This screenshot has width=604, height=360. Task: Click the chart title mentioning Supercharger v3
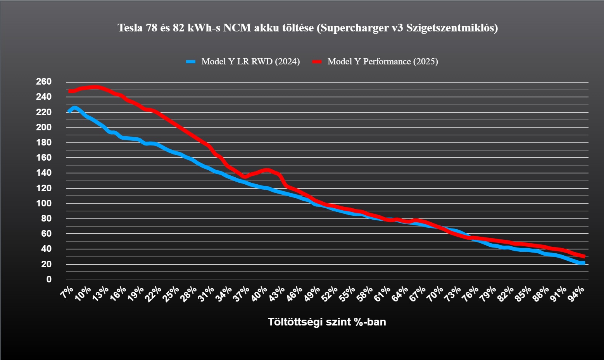tap(307, 28)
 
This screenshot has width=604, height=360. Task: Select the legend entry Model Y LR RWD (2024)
tap(250, 62)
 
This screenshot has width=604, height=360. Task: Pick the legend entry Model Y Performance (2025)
tap(382, 62)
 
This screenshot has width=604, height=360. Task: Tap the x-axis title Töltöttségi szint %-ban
tap(327, 322)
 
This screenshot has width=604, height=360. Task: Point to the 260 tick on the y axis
tap(44, 82)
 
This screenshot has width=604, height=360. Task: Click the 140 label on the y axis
tap(44, 173)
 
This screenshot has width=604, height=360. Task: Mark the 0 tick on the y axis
tap(49, 279)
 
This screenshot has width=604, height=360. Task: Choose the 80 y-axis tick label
tap(46, 219)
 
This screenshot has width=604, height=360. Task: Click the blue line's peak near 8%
tap(74, 108)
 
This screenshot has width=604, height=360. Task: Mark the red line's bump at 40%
tap(267, 170)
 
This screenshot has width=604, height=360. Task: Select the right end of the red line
tap(583, 256)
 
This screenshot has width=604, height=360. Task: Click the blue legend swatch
tap(191, 62)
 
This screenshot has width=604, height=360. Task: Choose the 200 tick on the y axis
tap(44, 127)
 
